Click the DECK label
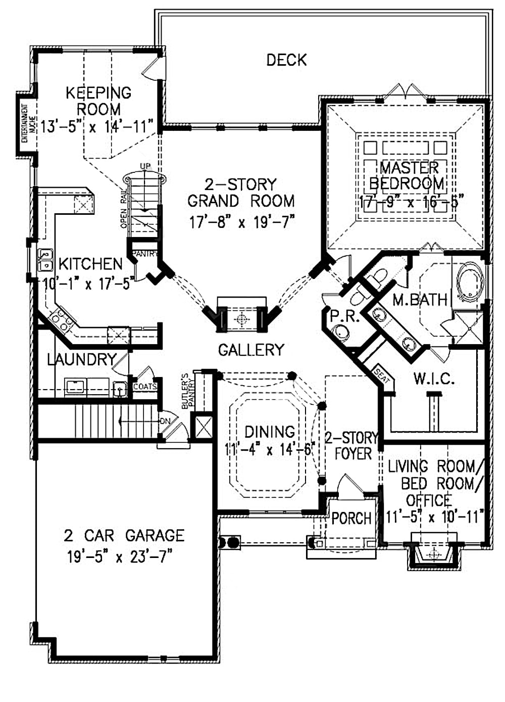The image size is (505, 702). [286, 60]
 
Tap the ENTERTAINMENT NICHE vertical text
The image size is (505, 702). [24, 123]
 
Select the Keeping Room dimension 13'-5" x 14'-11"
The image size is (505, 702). [97, 126]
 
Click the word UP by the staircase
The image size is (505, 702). [145, 166]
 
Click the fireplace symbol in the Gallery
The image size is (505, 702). [242, 319]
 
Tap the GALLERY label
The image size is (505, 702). [251, 349]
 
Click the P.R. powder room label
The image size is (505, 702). [344, 317]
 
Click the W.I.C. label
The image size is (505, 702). [434, 379]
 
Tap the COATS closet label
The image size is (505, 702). [145, 387]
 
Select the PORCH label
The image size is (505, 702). [351, 518]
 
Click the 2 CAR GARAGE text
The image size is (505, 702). [124, 535]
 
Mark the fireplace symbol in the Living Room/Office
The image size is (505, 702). [433, 554]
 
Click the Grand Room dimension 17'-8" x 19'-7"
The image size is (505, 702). [241, 222]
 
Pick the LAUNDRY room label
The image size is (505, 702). [82, 359]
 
